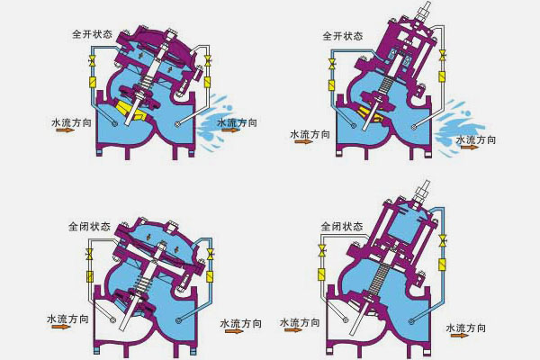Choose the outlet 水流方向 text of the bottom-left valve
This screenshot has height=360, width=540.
click(239, 323)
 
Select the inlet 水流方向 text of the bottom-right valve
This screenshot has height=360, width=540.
click(301, 322)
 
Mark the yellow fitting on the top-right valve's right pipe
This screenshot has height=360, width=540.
click(442, 81)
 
